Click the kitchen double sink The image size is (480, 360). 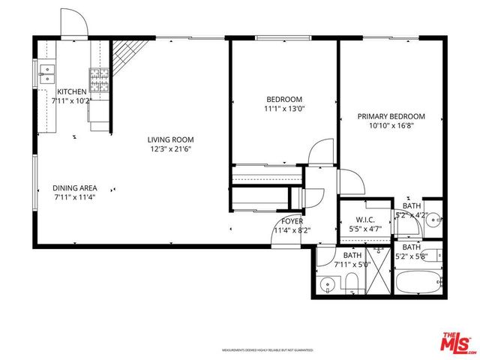point(46,73)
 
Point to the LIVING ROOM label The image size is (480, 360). point(170,139)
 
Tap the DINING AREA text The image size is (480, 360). point(73,187)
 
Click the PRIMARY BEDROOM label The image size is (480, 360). point(391,116)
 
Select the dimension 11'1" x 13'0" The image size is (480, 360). point(284,109)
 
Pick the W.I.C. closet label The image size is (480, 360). point(365,220)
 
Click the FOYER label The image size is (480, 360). point(292,221)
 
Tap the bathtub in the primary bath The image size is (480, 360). point(418,283)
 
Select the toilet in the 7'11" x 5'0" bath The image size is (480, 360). point(351,282)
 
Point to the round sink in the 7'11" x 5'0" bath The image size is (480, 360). point(326,286)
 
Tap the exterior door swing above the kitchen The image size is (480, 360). point(74,24)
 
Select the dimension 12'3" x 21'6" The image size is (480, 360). point(170,148)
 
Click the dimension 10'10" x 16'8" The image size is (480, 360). point(391,126)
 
